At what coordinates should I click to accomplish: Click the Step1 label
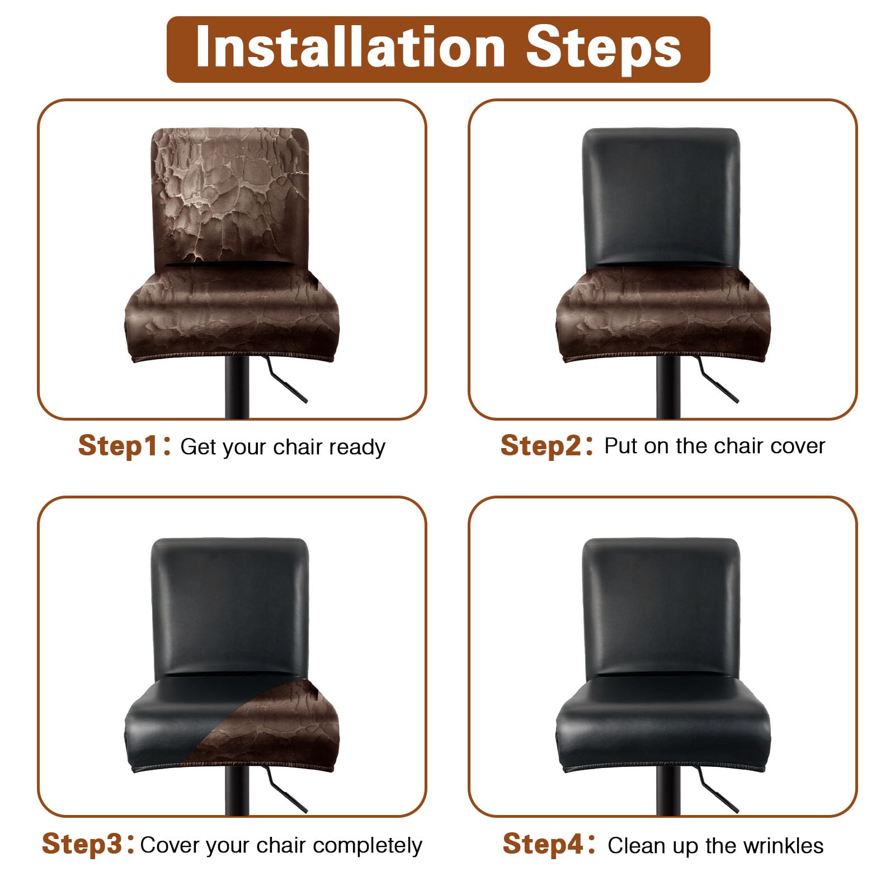click(118, 446)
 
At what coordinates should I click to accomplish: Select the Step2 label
click(541, 446)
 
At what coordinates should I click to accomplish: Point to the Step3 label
click(82, 844)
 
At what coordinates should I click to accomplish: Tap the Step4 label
click(543, 844)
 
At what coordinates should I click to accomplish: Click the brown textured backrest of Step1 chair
click(230, 196)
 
